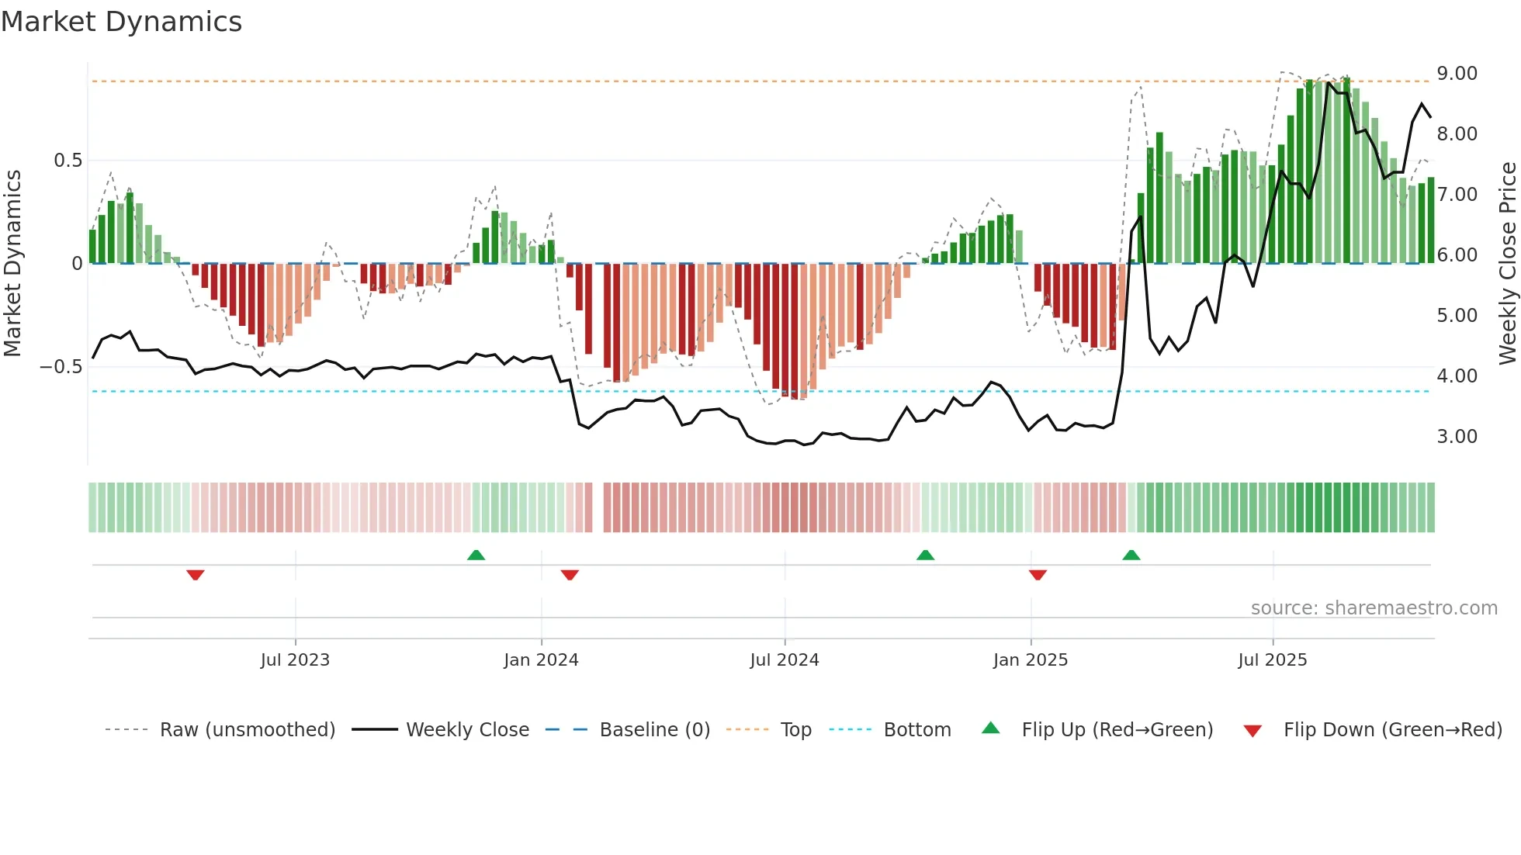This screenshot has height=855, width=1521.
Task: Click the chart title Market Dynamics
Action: coord(121,22)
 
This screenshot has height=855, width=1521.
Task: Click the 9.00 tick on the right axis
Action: coord(1457,74)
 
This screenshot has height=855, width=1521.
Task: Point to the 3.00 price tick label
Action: coord(1457,437)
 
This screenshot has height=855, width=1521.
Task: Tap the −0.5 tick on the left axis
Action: coord(61,367)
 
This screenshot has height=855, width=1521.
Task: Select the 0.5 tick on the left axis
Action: coord(68,161)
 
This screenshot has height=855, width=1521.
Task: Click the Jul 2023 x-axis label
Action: coord(295,660)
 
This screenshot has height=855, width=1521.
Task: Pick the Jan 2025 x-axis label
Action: coord(1031,660)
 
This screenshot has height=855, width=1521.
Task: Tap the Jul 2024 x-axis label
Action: coord(785,660)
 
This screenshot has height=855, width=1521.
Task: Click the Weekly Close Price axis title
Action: coord(1507,264)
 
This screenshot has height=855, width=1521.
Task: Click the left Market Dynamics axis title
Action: coord(12,264)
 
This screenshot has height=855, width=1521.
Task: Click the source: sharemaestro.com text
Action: coord(1374,608)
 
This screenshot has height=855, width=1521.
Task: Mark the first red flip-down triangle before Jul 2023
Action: coord(196,575)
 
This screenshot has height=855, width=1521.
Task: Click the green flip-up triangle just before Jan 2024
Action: coord(476,555)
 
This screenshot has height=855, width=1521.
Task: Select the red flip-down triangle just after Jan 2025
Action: coord(1038,575)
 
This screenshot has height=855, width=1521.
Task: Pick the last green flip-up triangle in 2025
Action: coord(1131,555)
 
